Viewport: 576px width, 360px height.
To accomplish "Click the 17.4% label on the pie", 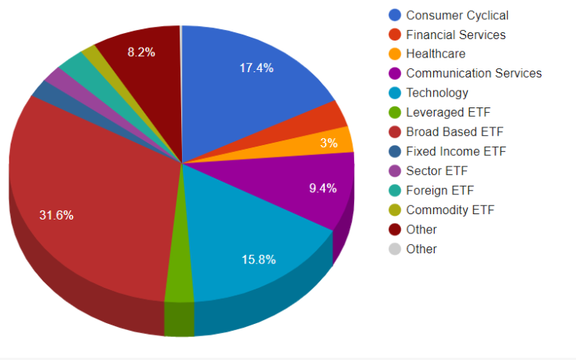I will pos(257,68).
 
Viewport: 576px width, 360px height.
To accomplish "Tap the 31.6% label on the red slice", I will pos(57,215).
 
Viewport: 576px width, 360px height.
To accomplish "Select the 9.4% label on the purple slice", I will pos(323,188).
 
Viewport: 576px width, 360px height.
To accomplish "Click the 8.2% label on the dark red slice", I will pos(141,52).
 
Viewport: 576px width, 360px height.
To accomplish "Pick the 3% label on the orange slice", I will pos(329,143).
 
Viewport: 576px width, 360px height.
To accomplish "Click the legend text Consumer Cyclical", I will pos(457,15).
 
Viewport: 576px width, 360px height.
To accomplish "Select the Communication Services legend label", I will pos(474,74).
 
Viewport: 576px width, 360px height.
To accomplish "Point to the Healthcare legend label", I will pos(435,54).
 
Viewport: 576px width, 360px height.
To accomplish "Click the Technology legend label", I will pos(437,93).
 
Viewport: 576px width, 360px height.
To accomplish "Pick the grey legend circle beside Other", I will pos(395,249).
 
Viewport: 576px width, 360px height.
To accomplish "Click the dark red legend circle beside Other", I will pos(395,230).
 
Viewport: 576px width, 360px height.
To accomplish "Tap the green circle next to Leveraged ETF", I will pos(395,113).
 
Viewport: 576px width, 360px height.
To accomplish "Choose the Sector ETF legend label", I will pos(436,171).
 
